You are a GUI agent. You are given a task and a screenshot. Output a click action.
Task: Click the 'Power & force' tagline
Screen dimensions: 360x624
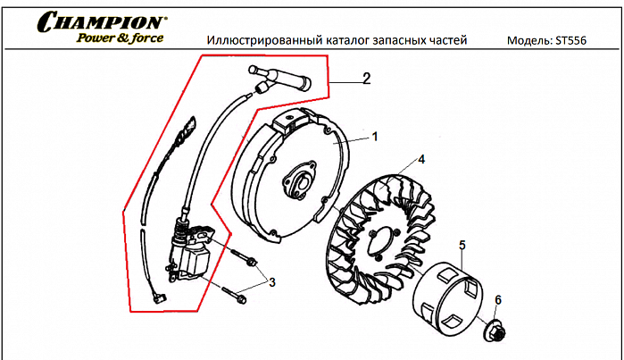119,38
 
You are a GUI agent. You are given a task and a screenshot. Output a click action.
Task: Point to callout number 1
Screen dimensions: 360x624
375,137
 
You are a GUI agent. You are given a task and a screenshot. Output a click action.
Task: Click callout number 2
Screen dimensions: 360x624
365,78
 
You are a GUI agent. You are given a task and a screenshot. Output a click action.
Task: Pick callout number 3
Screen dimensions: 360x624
271,282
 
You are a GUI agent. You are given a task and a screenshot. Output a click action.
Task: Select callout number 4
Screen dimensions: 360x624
421,160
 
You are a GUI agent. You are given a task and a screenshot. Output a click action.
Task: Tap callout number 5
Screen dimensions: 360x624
462,244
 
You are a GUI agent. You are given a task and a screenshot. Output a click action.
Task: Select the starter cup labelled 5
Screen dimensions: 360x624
446,295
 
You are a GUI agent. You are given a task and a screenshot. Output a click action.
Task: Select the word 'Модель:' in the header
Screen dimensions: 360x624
527,40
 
